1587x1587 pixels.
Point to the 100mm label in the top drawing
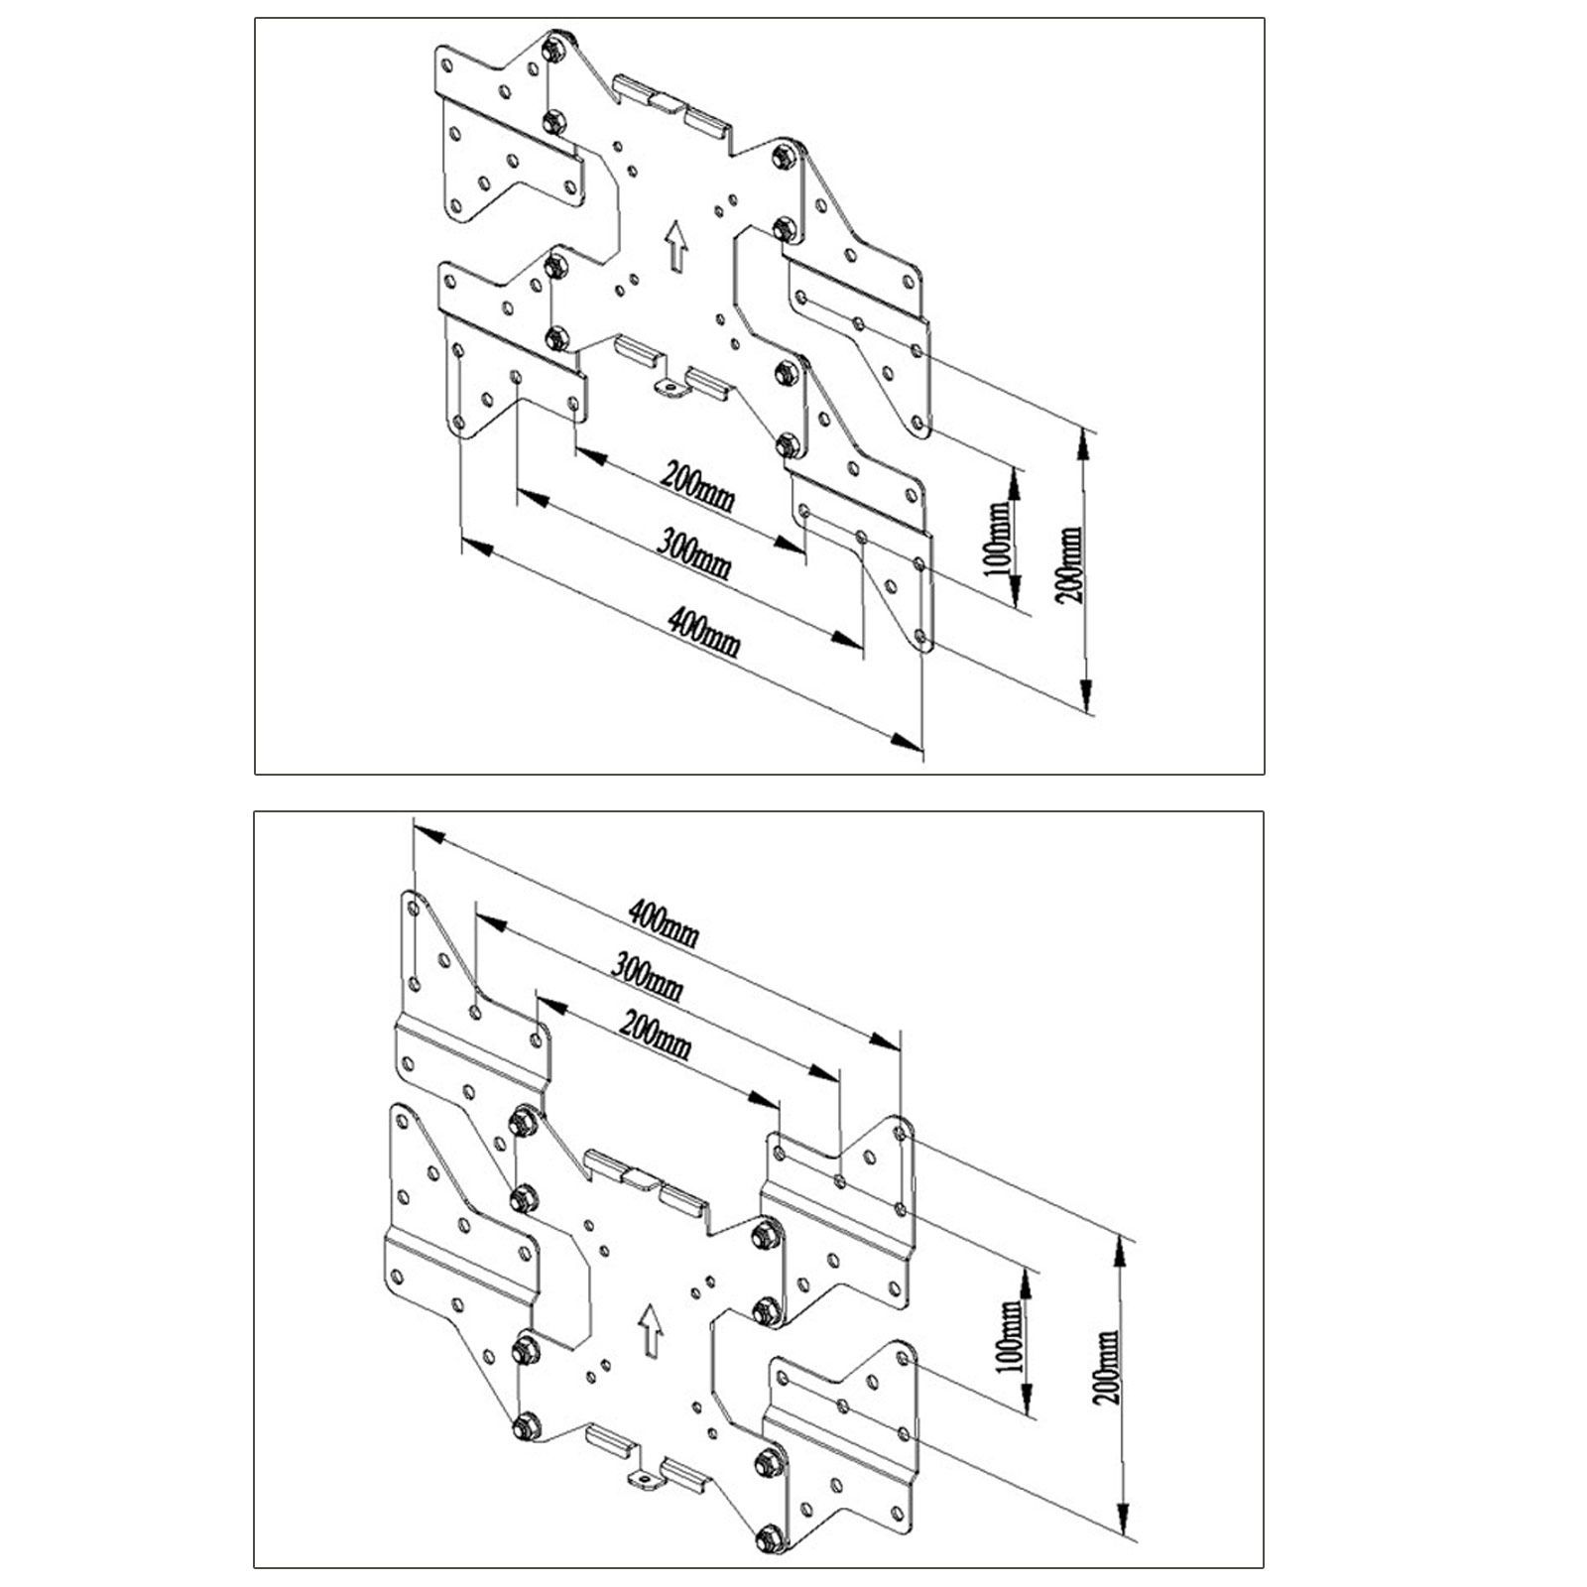tap(1003, 537)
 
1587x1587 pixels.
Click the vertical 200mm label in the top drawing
tap(1071, 565)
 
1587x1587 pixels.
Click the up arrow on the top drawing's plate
tap(677, 246)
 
